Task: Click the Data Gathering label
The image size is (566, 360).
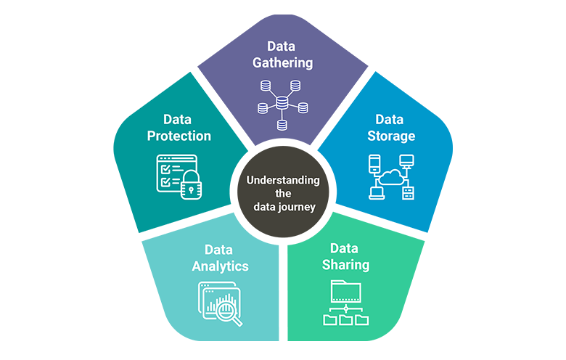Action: (x=282, y=54)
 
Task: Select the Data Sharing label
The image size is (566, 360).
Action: (x=345, y=256)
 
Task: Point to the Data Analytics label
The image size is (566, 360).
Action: (x=220, y=258)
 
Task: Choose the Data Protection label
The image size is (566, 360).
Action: (x=179, y=127)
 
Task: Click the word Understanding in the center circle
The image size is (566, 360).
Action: (x=282, y=180)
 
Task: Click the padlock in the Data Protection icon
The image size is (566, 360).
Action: (x=191, y=187)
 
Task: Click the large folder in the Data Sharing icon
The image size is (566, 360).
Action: (x=346, y=290)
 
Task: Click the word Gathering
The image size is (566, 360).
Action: (x=282, y=62)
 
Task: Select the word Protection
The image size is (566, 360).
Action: (x=179, y=136)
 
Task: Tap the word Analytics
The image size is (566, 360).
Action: (x=220, y=266)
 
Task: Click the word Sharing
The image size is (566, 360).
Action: (x=345, y=265)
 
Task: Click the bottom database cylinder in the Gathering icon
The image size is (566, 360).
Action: (x=282, y=126)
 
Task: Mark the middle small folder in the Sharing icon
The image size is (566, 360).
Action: (x=346, y=319)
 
